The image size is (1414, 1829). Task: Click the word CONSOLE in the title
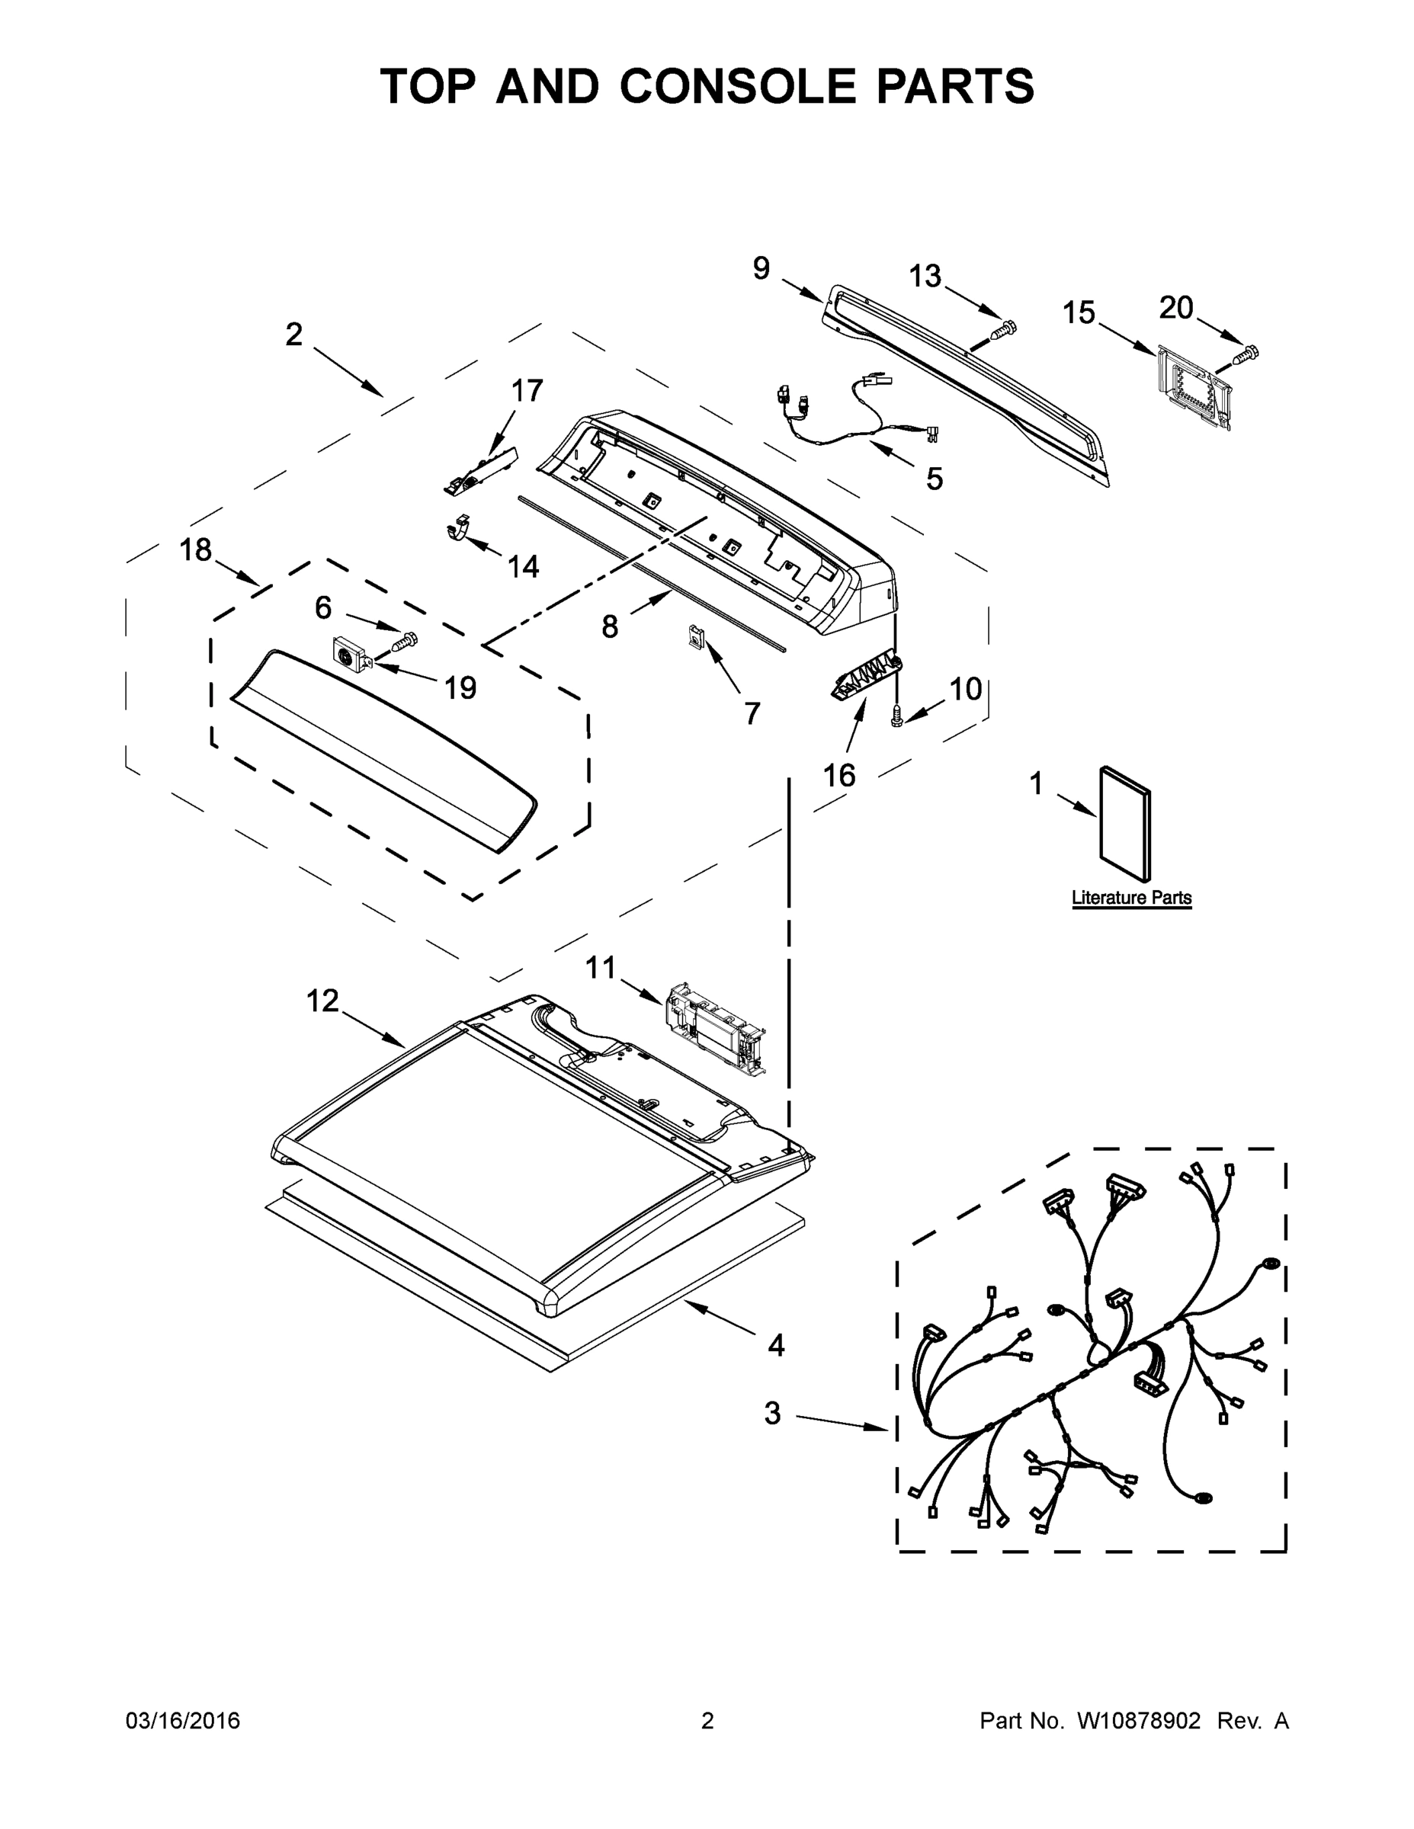(x=738, y=86)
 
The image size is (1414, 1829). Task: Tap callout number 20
(x=1175, y=308)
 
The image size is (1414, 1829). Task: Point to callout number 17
(x=527, y=390)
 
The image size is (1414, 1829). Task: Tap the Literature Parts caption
(x=1131, y=898)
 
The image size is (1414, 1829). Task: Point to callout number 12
(x=322, y=1001)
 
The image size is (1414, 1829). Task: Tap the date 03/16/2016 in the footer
(x=183, y=1721)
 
